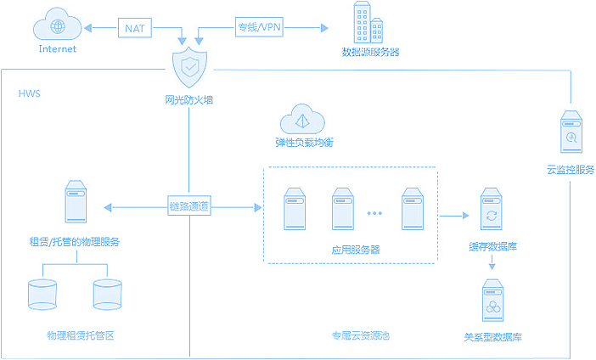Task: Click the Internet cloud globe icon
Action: point(57,26)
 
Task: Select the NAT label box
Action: point(134,28)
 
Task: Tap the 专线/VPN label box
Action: point(259,28)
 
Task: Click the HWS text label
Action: point(30,93)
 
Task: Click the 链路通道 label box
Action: point(189,206)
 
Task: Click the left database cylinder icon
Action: point(43,293)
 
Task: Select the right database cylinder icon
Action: point(107,293)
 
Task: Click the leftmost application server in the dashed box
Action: point(295,208)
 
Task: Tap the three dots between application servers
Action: point(375,213)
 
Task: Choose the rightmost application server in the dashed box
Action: point(412,208)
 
